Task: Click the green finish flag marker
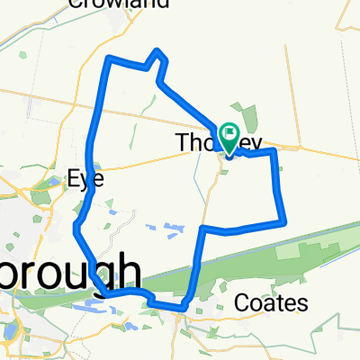[x=229, y=137]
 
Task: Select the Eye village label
[x=86, y=178]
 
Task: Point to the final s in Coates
[x=304, y=303]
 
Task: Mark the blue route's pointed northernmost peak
[x=158, y=50]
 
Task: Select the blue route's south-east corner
[x=284, y=220]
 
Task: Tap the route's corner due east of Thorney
[x=273, y=153]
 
